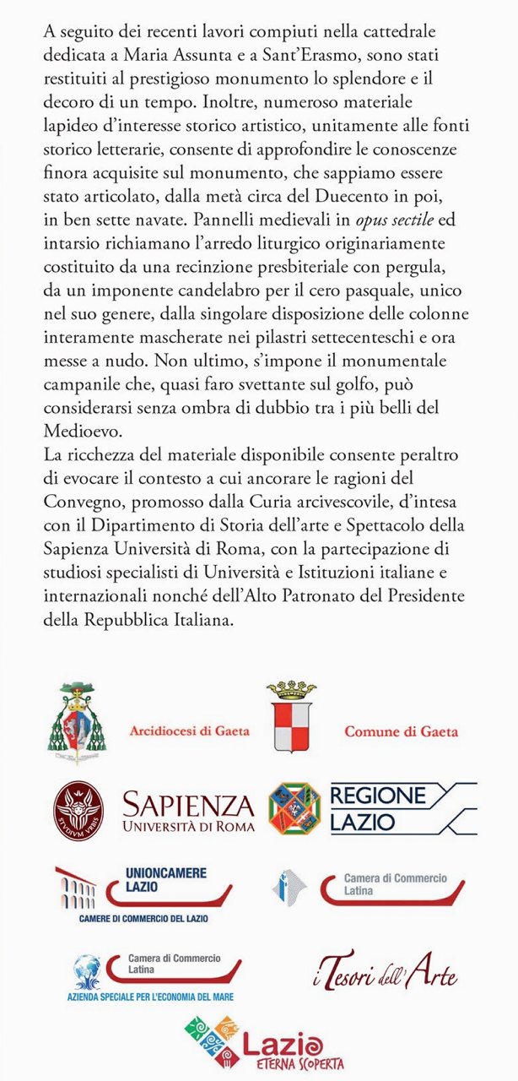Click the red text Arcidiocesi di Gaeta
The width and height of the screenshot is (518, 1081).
pyautogui.click(x=190, y=731)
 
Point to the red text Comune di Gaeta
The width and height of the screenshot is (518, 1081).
pyautogui.click(x=401, y=731)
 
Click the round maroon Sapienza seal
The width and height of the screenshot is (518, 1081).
pyautogui.click(x=79, y=808)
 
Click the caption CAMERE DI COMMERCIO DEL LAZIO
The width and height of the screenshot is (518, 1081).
pyautogui.click(x=143, y=918)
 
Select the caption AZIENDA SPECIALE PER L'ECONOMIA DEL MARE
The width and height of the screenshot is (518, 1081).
pyautogui.click(x=151, y=997)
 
